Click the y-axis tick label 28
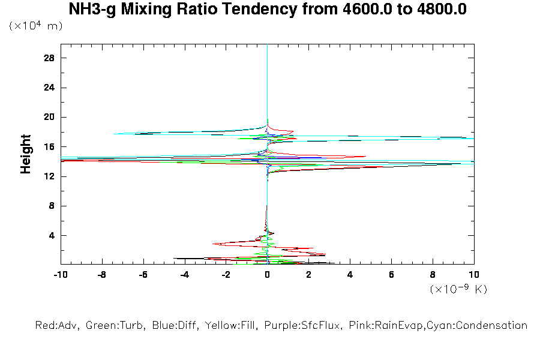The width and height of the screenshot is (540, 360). pyautogui.click(x=50, y=58)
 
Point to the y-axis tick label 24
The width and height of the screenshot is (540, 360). pyautogui.click(x=50, y=88)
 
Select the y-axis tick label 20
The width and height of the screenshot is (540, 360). pyautogui.click(x=50, y=117)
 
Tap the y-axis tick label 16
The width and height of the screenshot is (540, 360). pyautogui.click(x=50, y=146)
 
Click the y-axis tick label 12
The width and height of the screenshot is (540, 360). pyautogui.click(x=50, y=176)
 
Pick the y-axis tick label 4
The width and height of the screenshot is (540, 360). pyautogui.click(x=52, y=235)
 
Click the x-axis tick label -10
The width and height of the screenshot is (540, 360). pyautogui.click(x=60, y=275)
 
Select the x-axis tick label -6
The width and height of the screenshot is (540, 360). pyautogui.click(x=143, y=275)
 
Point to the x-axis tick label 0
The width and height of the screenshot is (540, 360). pyautogui.click(x=268, y=275)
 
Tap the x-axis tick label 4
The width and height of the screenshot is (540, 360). pyautogui.click(x=350, y=275)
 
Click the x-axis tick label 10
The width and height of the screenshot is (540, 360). pyautogui.click(x=474, y=275)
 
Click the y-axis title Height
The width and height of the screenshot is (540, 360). pyautogui.click(x=26, y=154)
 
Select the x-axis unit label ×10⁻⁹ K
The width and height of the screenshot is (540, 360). pyautogui.click(x=458, y=289)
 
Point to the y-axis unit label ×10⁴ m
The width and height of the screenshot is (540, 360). pyautogui.click(x=36, y=26)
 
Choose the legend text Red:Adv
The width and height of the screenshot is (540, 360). pyautogui.click(x=57, y=326)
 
